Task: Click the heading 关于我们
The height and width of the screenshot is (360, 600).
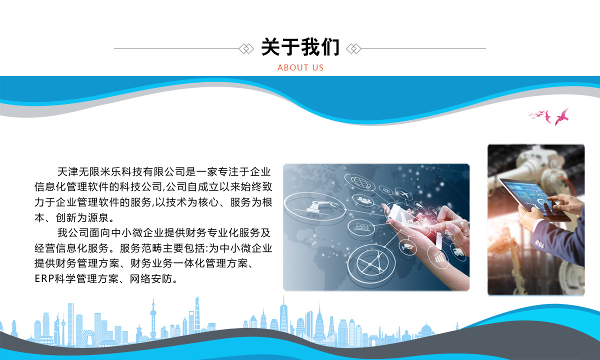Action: tap(300, 47)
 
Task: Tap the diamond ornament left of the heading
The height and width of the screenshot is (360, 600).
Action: tap(246, 49)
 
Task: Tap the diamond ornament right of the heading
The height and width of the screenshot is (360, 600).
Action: tap(353, 49)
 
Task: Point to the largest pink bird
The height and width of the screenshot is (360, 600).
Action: tap(562, 117)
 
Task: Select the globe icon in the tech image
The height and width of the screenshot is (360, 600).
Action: tap(359, 182)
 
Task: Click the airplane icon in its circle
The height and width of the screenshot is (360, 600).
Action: tap(403, 193)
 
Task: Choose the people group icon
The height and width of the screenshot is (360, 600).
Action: tap(364, 200)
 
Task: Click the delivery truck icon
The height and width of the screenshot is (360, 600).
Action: tap(458, 252)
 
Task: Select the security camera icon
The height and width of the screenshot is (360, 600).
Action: tap(407, 246)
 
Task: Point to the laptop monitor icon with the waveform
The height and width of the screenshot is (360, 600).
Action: tap(362, 227)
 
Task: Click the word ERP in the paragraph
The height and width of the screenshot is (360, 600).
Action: tap(44, 279)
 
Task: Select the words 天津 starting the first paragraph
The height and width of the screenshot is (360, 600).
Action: tap(67, 172)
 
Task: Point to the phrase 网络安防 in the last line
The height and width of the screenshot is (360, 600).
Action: tap(151, 279)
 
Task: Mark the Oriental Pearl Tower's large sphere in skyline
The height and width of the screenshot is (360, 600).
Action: tap(153, 313)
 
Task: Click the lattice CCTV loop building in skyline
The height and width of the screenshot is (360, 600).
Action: tap(88, 338)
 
